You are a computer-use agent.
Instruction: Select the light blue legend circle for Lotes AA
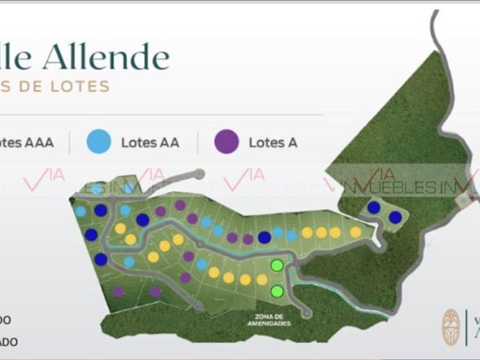pyautogui.click(x=99, y=142)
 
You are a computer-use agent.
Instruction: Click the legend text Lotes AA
pyautogui.click(x=150, y=142)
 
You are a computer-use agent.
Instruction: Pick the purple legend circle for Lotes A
pyautogui.click(x=226, y=142)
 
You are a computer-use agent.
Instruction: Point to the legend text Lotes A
pyautogui.click(x=273, y=142)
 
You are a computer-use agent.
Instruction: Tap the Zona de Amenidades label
pyautogui.click(x=269, y=321)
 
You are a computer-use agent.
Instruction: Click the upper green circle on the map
pyautogui.click(x=277, y=265)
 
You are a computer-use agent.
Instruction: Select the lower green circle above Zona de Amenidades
pyautogui.click(x=277, y=291)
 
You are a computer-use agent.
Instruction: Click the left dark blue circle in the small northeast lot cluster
pyautogui.click(x=374, y=207)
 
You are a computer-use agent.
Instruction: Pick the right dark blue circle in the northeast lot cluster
pyautogui.click(x=395, y=217)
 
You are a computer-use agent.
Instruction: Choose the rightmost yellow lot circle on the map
pyautogui.click(x=355, y=231)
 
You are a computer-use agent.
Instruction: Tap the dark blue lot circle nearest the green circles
pyautogui.click(x=264, y=237)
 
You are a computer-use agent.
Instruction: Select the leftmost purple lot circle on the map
pyautogui.click(x=118, y=291)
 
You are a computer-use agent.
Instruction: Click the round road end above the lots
pyautogui.click(x=199, y=174)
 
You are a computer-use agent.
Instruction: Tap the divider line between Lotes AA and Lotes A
pyautogui.click(x=198, y=142)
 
